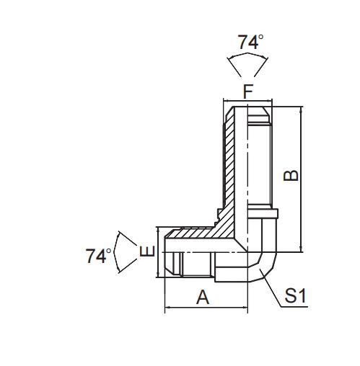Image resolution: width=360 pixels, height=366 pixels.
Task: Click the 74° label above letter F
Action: click(x=249, y=42)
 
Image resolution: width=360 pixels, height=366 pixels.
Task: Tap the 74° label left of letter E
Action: click(x=98, y=256)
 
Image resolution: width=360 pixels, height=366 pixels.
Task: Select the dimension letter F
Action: click(x=247, y=91)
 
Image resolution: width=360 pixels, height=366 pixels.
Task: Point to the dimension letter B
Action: click(x=290, y=175)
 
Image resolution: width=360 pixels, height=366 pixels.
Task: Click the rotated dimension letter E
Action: click(x=146, y=252)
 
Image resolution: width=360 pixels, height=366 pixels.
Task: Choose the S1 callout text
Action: click(x=296, y=295)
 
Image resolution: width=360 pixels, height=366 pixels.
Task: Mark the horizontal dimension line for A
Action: click(x=206, y=308)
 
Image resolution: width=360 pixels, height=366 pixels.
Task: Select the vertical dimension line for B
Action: click(x=299, y=180)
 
